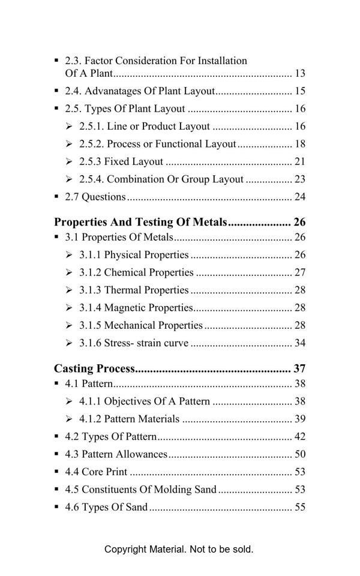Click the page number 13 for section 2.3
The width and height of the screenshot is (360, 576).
(300, 74)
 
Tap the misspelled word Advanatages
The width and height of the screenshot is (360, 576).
(112, 91)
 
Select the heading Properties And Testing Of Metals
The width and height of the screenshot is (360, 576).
(140, 222)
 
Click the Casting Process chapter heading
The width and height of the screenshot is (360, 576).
(95, 368)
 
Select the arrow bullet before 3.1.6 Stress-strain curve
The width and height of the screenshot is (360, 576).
(69, 343)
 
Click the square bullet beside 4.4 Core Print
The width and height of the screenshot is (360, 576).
(57, 472)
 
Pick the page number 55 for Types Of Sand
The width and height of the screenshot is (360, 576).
(300, 507)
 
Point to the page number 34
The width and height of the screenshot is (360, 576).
(300, 343)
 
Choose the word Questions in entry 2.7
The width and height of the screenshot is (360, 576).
(104, 197)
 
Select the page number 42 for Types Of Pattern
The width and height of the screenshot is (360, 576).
(300, 436)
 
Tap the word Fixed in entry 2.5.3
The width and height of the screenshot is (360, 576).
(117, 161)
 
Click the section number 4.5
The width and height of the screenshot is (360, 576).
(72, 490)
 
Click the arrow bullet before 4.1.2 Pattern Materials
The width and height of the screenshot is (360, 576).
(69, 419)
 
